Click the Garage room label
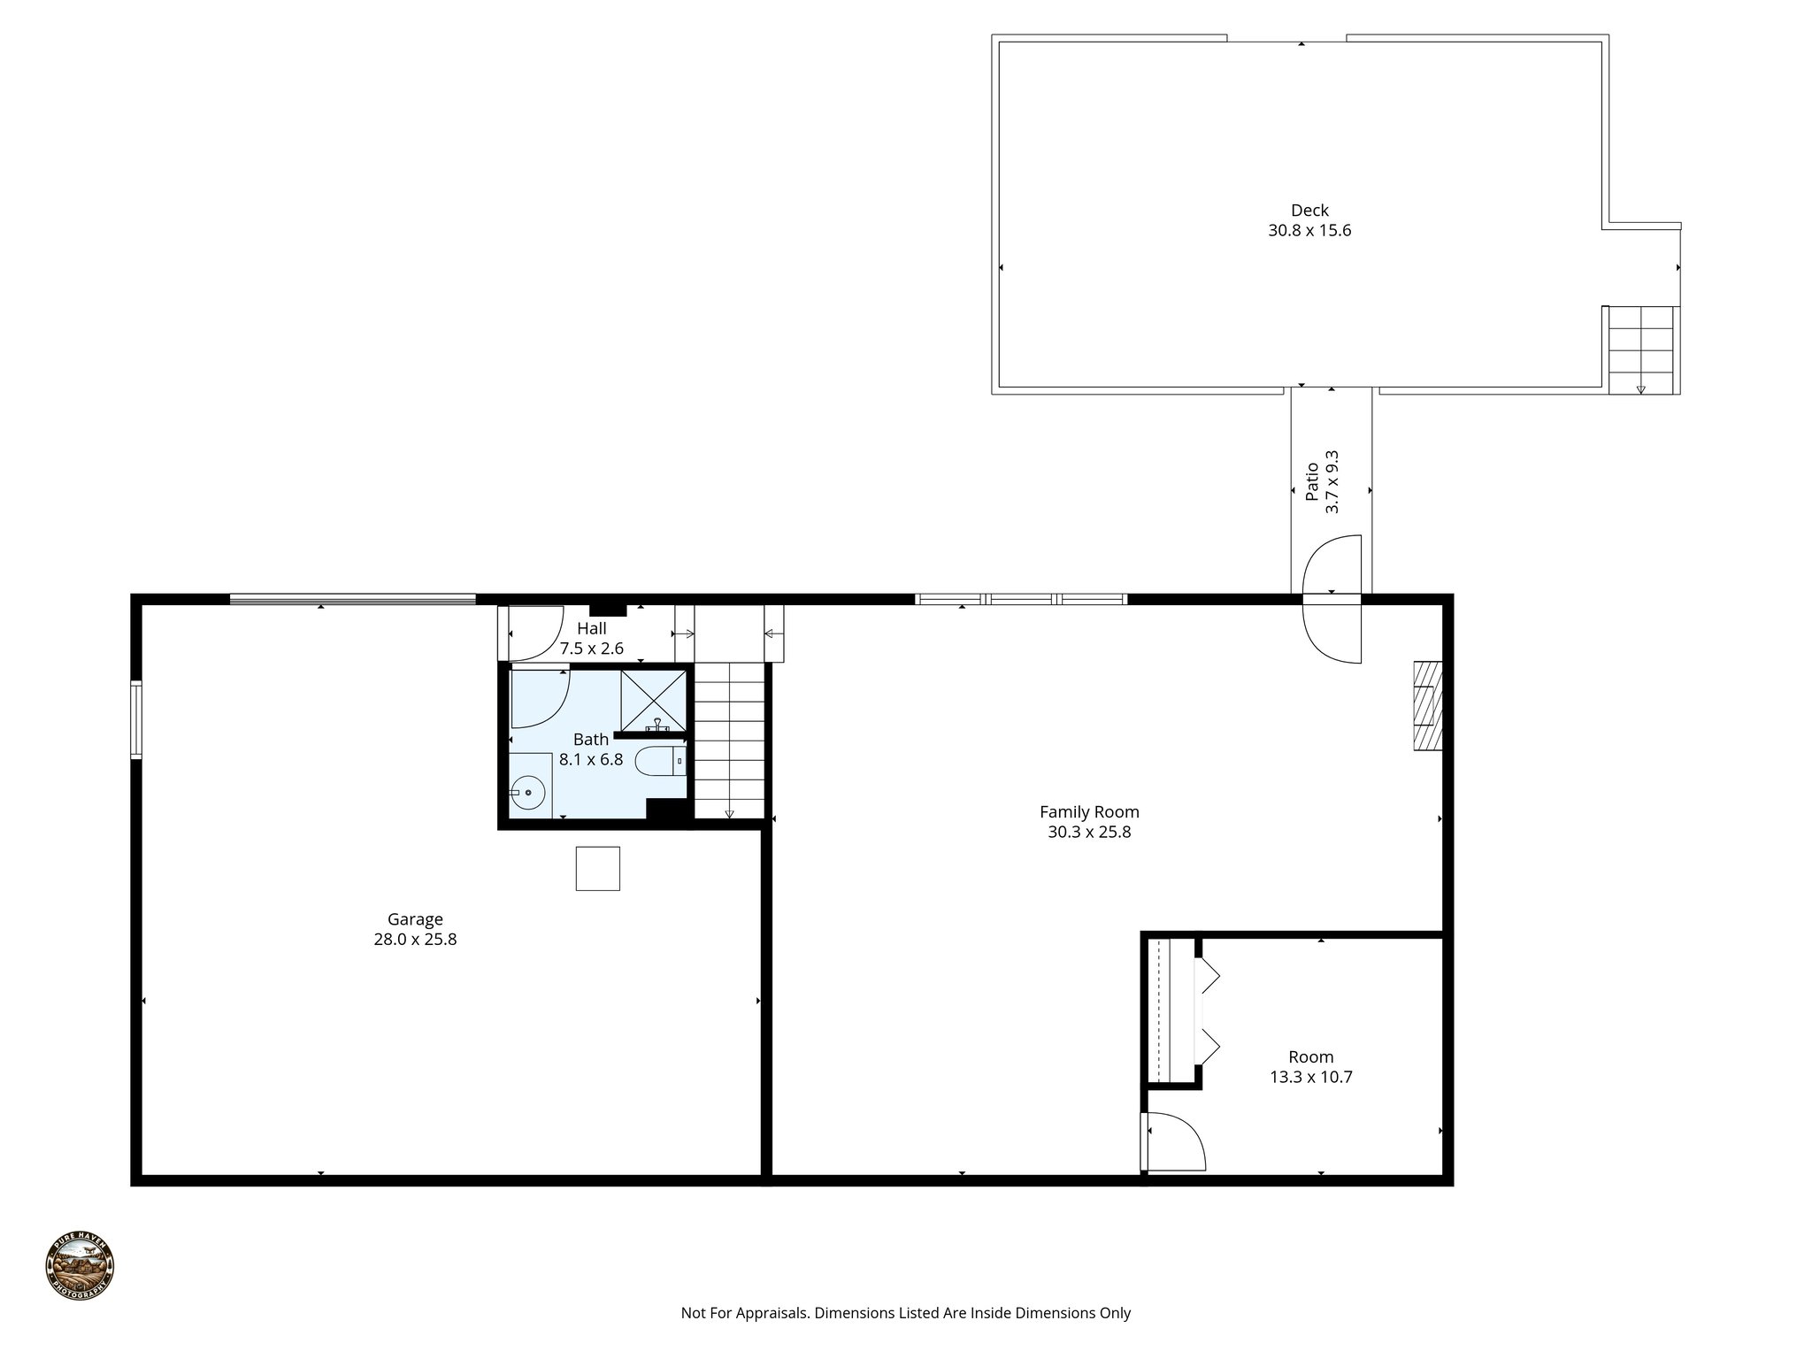(415, 919)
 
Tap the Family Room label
(1089, 811)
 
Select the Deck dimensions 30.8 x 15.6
(1309, 231)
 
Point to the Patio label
(1313, 481)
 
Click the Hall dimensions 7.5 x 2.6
(591, 649)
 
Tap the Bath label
(591, 740)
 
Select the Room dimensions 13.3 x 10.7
(1310, 1077)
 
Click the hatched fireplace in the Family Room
(1427, 706)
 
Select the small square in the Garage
(597, 868)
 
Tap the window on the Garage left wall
(136, 718)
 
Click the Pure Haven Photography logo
(80, 1266)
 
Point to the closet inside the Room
(1170, 1010)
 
